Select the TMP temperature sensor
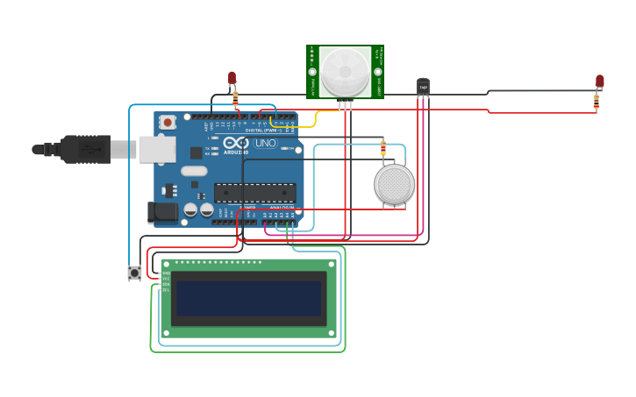point(423,86)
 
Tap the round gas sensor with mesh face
point(394,184)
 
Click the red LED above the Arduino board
point(232,78)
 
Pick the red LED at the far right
point(599,82)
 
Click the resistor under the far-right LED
point(597,102)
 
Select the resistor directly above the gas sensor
point(382,147)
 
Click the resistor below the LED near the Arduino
point(235,98)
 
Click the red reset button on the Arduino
point(167,122)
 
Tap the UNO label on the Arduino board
point(265,143)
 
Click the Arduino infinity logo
point(235,143)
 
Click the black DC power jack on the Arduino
point(161,211)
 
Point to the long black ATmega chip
point(254,193)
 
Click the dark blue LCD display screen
point(248,299)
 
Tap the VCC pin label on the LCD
point(165,279)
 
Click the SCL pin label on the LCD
point(165,289)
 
